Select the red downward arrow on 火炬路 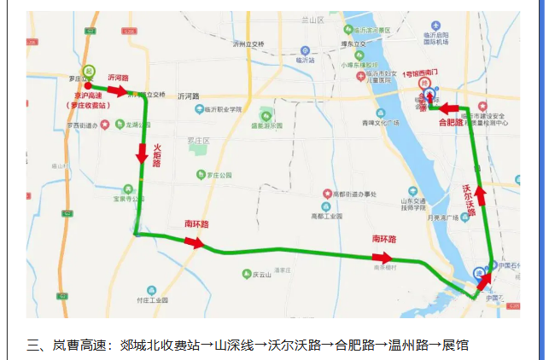[x=143, y=154]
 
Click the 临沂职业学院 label [x=224, y=109]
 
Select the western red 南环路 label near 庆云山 [x=197, y=224]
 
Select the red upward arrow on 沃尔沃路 [x=482, y=196]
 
